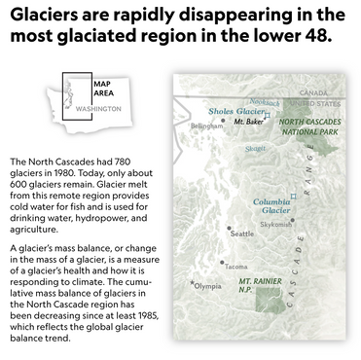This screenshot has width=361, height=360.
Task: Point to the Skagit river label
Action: (255, 149)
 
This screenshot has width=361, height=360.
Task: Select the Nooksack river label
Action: (265, 102)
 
